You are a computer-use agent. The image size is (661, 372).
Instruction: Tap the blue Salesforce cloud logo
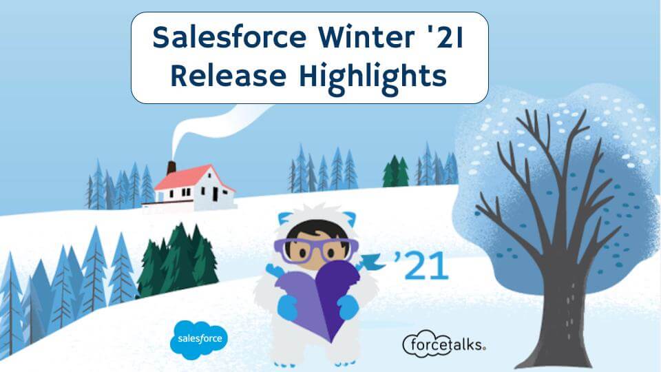(x=198, y=339)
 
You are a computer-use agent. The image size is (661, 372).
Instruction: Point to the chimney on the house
(x=171, y=167)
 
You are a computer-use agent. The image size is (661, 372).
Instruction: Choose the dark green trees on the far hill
(x=395, y=172)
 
